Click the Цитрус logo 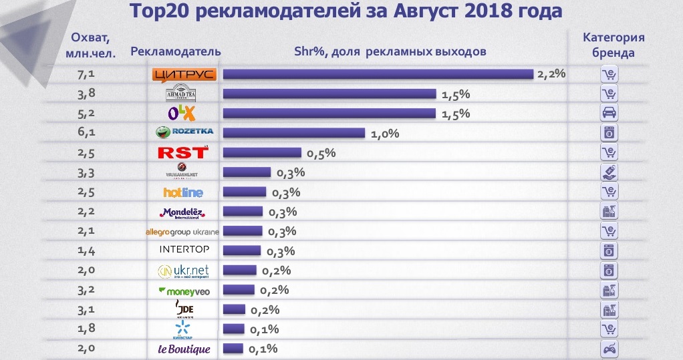point(184,74)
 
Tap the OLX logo point(184,114)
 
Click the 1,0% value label point(384,134)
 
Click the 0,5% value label point(321,153)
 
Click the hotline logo point(182,193)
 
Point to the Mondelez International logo point(182,213)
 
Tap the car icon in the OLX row point(609,112)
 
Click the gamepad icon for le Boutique point(609,349)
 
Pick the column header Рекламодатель point(175,52)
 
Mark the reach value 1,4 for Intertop point(88,251)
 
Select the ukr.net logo point(183,271)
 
